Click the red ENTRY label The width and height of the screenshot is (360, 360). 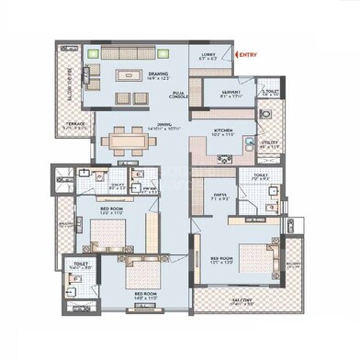249,55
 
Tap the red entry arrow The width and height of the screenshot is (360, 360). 237,55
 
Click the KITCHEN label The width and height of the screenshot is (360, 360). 224,130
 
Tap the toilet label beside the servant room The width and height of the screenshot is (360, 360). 269,93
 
